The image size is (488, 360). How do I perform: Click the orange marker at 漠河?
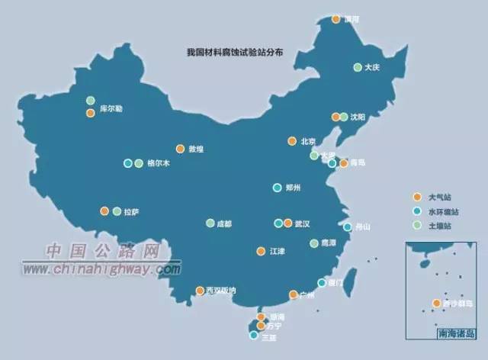[x=335, y=19]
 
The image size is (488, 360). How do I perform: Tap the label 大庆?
[x=372, y=67]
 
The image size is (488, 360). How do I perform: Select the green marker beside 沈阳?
[x=344, y=117]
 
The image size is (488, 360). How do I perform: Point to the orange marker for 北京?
[x=291, y=141]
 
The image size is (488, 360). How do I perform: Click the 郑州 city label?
[x=293, y=188]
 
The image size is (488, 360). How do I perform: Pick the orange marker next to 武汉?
[x=287, y=223]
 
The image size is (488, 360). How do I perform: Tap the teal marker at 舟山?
[x=348, y=227]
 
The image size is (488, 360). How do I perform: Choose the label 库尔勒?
[x=111, y=109]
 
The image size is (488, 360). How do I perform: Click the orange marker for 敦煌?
[x=180, y=149]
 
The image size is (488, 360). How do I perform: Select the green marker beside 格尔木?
[x=138, y=163]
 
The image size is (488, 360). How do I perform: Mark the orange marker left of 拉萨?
[x=104, y=211]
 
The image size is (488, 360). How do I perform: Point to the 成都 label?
[x=223, y=223]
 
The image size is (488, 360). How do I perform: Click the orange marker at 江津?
[x=260, y=251]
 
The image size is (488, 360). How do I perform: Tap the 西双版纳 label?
[x=222, y=291]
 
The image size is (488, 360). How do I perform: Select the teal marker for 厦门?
[x=322, y=283]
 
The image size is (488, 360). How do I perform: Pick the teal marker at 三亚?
[x=254, y=335]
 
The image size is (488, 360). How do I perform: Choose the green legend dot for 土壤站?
[x=416, y=226]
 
